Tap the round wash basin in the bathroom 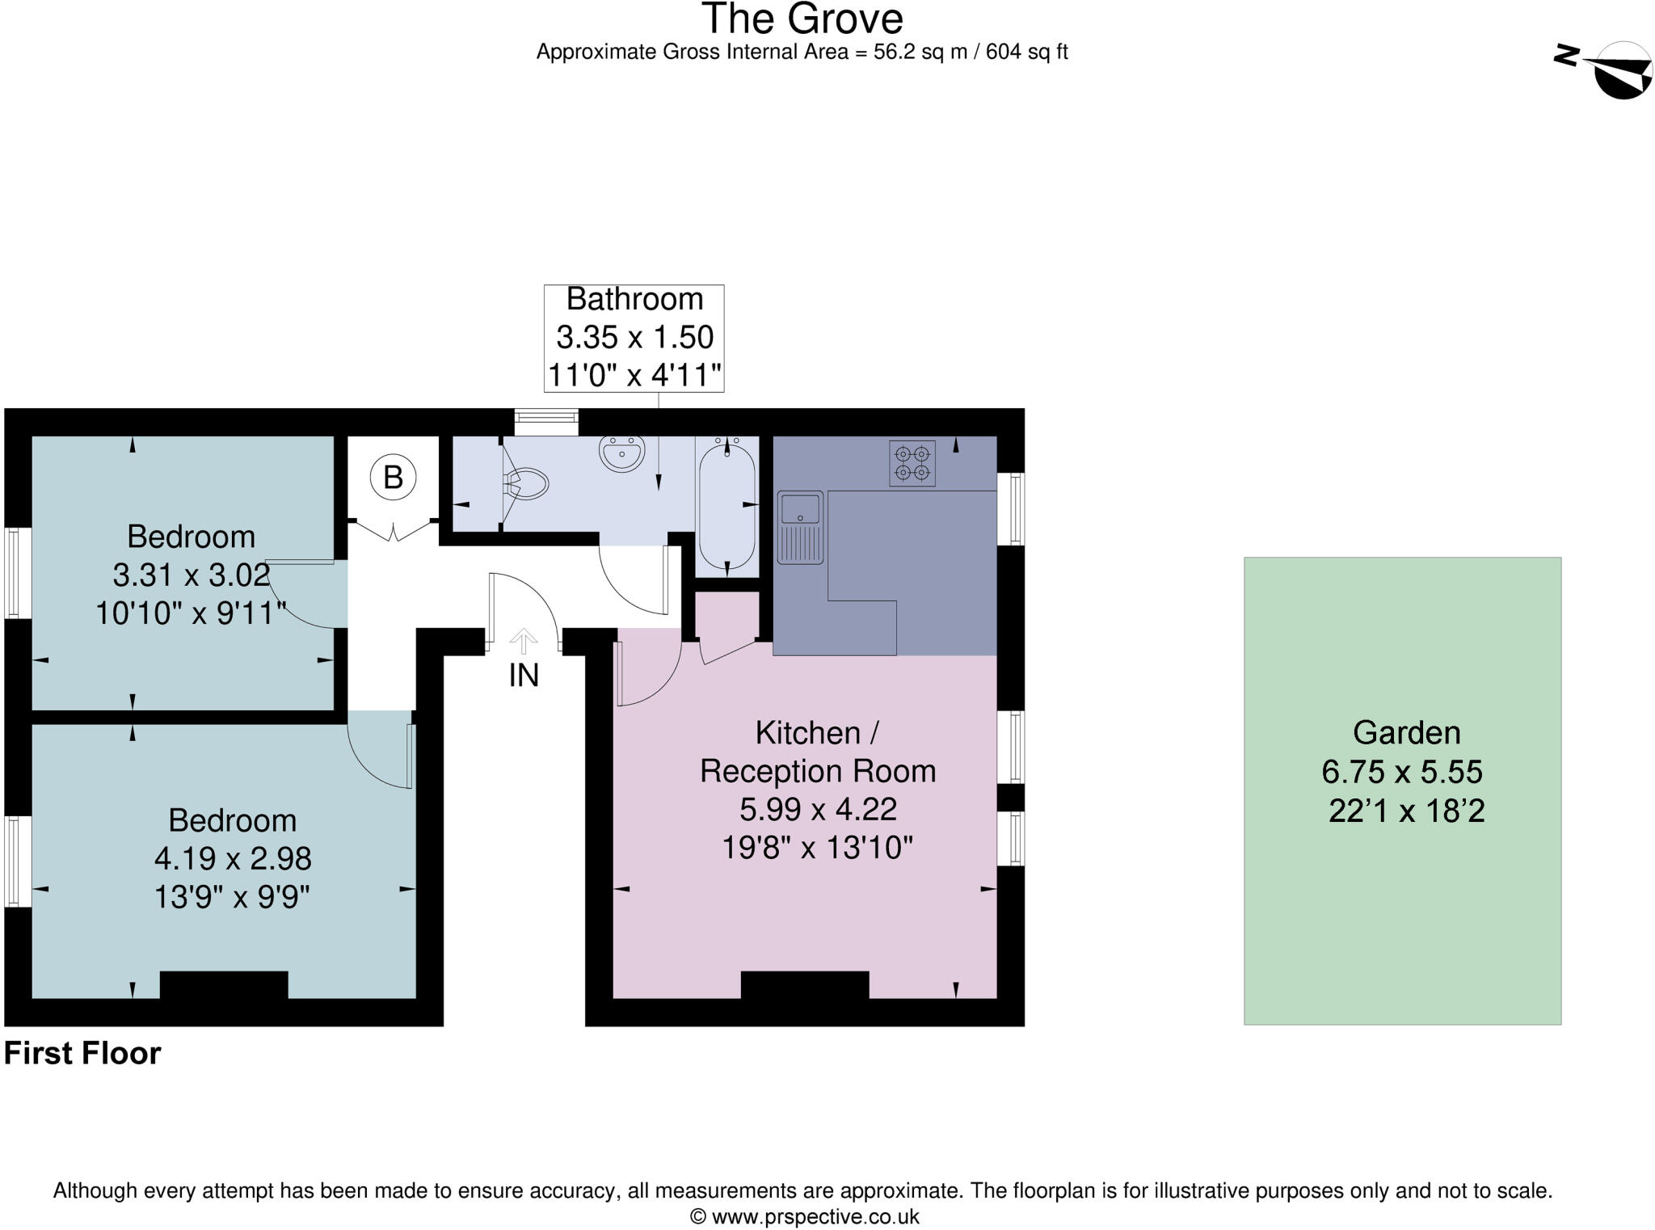pyautogui.click(x=621, y=452)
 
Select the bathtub pyautogui.click(x=726, y=506)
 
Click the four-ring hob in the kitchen pyautogui.click(x=912, y=463)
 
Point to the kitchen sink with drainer pyautogui.click(x=799, y=526)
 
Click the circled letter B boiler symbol pyautogui.click(x=393, y=477)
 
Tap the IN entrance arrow pyautogui.click(x=524, y=642)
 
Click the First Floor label pyautogui.click(x=82, y=1054)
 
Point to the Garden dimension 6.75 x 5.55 pyautogui.click(x=1401, y=772)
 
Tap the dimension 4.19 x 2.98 pyautogui.click(x=233, y=858)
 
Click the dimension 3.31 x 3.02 pyautogui.click(x=191, y=575)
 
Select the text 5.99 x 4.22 pyautogui.click(x=818, y=809)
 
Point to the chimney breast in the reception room pyautogui.click(x=804, y=985)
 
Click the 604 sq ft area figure pyautogui.click(x=1026, y=53)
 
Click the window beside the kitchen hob pyautogui.click(x=1010, y=508)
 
